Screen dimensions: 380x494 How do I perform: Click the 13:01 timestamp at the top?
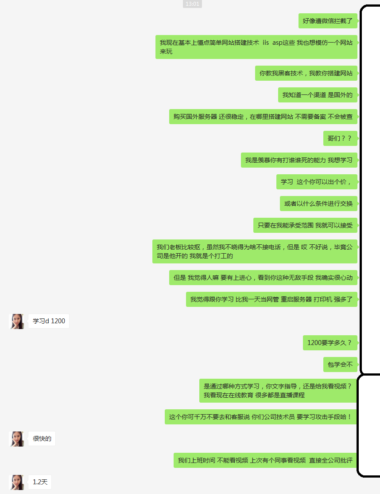pyautogui.click(x=192, y=4)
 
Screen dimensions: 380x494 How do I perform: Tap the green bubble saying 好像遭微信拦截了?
pyautogui.click(x=328, y=21)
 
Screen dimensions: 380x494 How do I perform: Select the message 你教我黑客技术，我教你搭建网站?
pyautogui.click(x=306, y=73)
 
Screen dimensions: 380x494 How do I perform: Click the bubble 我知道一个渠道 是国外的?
pyautogui.click(x=318, y=95)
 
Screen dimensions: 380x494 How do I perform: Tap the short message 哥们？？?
pyautogui.click(x=340, y=138)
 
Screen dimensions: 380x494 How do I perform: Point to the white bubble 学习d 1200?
pyautogui.click(x=49, y=321)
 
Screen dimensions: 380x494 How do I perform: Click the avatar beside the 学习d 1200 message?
pyautogui.click(x=17, y=321)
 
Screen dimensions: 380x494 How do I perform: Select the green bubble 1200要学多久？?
pyautogui.click(x=330, y=343)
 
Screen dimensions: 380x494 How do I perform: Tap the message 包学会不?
pyautogui.click(x=341, y=365)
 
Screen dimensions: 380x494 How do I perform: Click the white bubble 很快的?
pyautogui.click(x=42, y=439)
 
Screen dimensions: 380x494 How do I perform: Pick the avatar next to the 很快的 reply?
pyautogui.click(x=17, y=439)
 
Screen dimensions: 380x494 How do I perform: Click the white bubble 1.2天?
pyautogui.click(x=40, y=482)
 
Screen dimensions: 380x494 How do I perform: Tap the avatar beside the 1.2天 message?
pyautogui.click(x=17, y=482)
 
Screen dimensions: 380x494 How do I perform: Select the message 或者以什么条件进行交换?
pyautogui.click(x=318, y=204)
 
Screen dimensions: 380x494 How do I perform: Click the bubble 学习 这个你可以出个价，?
pyautogui.click(x=317, y=182)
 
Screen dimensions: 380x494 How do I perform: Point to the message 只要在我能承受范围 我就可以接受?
pyautogui.click(x=305, y=225)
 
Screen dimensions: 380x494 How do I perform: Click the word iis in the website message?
pyautogui.click(x=266, y=43)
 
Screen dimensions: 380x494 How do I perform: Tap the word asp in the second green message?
pyautogui.click(x=277, y=43)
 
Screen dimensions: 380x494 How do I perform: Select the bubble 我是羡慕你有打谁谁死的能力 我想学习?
pyautogui.click(x=299, y=160)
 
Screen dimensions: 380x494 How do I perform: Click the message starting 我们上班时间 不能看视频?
pyautogui.click(x=265, y=460)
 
